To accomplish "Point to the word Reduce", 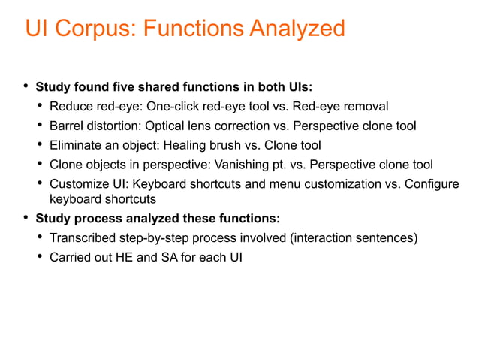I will [x=70, y=105].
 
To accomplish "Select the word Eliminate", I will [x=76, y=144].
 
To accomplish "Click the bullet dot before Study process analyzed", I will [x=26, y=218].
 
